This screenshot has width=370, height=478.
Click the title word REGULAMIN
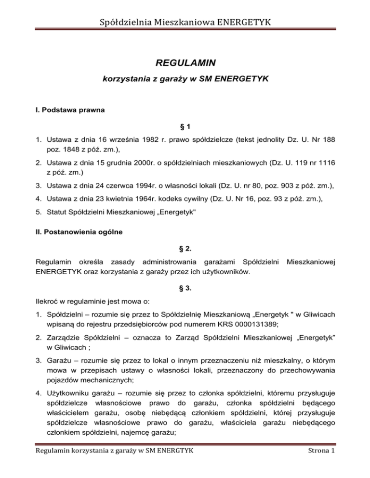[x=185, y=63]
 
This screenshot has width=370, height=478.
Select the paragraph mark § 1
[x=185, y=126]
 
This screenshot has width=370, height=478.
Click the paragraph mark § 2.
[x=185, y=249]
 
